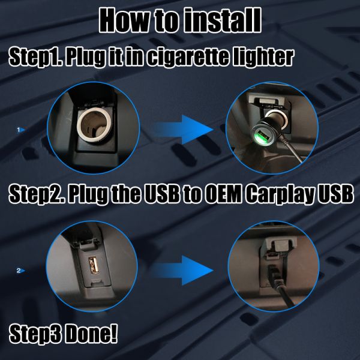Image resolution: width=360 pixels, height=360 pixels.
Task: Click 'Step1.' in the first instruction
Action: tap(35, 58)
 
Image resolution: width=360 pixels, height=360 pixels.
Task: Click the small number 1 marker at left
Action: tap(20, 129)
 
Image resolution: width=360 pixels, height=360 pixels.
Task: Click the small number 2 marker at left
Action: tap(20, 271)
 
